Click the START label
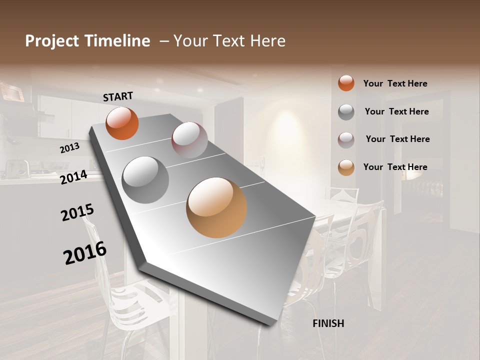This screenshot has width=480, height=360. [x=118, y=96]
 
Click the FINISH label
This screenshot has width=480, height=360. [x=328, y=323]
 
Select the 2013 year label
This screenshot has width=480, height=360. [x=69, y=148]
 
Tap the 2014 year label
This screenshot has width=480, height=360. [x=74, y=177]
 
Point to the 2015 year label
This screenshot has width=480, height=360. [x=77, y=212]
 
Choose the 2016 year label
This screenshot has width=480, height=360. [x=85, y=252]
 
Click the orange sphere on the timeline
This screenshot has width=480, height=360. [x=122, y=123]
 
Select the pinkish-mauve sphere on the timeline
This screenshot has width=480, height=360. [x=189, y=140]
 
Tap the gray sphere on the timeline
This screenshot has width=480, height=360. [x=145, y=179]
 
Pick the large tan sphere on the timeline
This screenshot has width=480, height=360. [x=216, y=207]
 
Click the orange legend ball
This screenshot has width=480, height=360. [x=346, y=83]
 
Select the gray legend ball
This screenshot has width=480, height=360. [x=346, y=112]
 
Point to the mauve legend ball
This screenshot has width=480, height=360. [x=346, y=140]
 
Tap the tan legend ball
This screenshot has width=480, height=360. [x=346, y=167]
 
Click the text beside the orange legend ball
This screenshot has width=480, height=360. [x=395, y=83]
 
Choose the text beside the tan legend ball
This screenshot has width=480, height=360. [x=395, y=167]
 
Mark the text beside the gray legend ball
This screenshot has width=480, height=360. [x=396, y=111]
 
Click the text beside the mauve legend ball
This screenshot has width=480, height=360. [x=397, y=139]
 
